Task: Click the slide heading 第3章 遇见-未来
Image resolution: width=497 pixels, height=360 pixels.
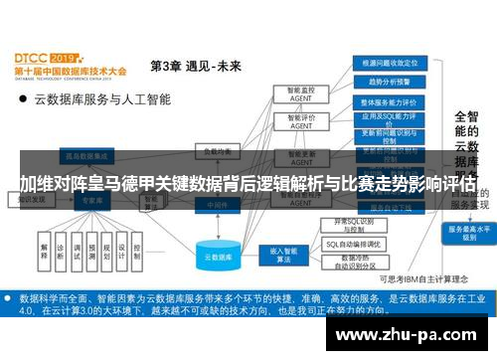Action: (195, 67)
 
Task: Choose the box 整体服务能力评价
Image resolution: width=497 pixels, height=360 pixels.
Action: (385, 101)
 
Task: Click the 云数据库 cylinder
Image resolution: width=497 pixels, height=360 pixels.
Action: (217, 255)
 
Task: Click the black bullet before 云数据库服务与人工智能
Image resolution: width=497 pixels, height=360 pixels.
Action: (21, 100)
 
